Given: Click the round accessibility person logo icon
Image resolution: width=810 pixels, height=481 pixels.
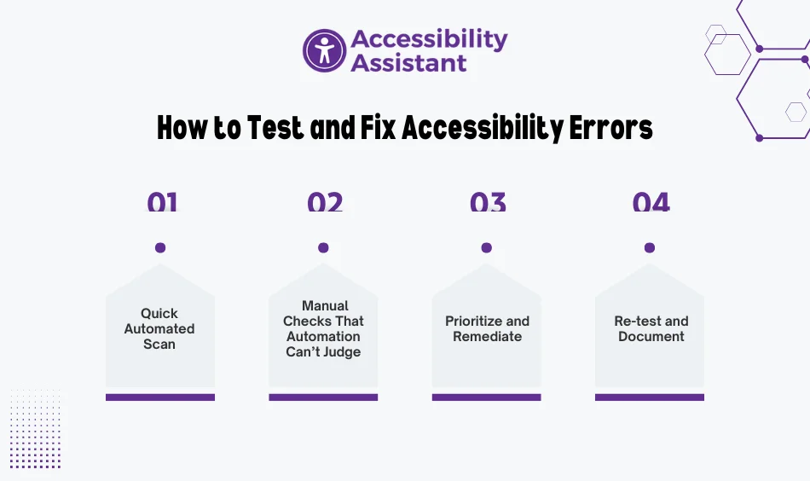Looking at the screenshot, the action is [324, 50].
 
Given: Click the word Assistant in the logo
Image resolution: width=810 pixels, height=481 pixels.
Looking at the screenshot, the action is [408, 63].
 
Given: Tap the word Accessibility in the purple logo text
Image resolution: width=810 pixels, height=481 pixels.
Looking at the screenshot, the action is [429, 39].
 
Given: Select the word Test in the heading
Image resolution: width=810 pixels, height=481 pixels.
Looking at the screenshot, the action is [275, 128].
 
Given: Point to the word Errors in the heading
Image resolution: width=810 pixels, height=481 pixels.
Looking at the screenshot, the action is [611, 128].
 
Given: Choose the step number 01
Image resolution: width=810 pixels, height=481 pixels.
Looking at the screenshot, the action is [162, 201].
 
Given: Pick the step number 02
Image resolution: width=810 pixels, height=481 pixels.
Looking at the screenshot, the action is [325, 201].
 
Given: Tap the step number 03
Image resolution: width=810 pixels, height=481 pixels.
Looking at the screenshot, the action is [488, 201].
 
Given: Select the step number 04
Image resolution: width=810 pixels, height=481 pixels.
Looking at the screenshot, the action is [651, 201].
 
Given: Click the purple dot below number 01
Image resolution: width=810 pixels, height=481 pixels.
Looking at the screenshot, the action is [160, 248].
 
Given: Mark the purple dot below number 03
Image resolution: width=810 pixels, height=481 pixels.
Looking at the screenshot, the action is [487, 248].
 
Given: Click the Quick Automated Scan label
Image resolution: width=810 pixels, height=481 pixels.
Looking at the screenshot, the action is [159, 328].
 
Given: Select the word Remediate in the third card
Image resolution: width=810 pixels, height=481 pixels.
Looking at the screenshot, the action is [487, 336].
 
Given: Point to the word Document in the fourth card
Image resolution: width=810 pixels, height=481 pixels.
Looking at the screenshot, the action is [651, 336].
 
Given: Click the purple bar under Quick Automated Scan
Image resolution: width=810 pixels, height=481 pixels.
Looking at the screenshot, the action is [160, 397].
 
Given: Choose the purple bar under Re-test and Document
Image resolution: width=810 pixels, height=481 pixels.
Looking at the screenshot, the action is [650, 397].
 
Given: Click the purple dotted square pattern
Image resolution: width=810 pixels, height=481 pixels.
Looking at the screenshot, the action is [35, 429].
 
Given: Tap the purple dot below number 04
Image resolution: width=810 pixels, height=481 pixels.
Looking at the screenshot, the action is [650, 248].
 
